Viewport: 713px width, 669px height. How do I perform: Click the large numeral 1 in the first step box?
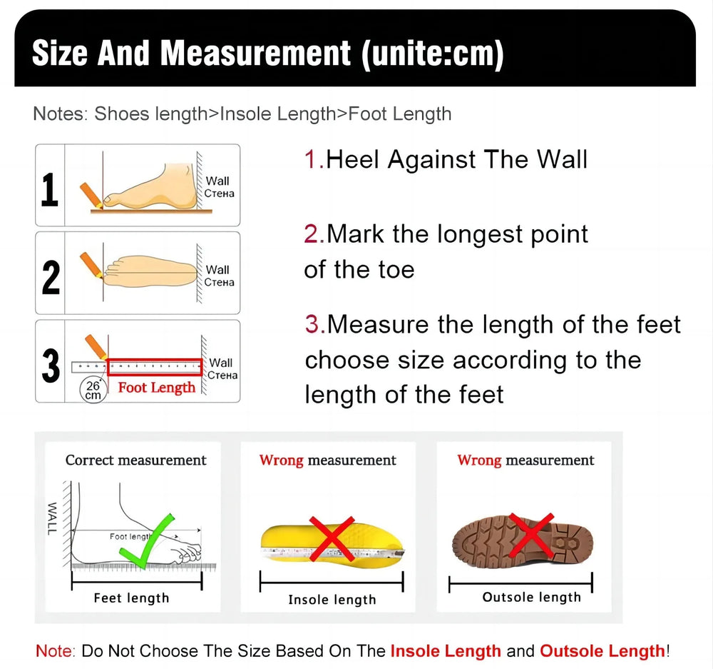(50, 189)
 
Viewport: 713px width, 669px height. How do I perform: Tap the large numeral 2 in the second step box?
(51, 277)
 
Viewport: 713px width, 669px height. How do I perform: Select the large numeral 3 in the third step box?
(51, 366)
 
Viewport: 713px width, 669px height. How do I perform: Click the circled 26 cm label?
(93, 391)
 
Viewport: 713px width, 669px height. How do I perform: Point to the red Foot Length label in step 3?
(156, 388)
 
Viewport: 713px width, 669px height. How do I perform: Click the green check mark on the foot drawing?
(148, 541)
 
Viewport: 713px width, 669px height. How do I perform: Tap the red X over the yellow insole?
(332, 539)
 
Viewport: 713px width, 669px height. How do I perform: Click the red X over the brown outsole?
(531, 535)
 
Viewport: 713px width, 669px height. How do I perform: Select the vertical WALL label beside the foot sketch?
(52, 518)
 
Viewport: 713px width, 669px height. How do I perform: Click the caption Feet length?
(131, 598)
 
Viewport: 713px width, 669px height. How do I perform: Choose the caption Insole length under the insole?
(332, 600)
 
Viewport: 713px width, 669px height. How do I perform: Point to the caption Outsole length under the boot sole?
(532, 597)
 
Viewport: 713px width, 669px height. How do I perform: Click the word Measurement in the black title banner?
(255, 54)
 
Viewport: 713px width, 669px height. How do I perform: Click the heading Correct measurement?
(136, 461)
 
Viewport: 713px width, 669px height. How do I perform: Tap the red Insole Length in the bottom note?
(446, 650)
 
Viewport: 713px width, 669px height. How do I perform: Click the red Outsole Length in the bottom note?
(602, 650)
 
